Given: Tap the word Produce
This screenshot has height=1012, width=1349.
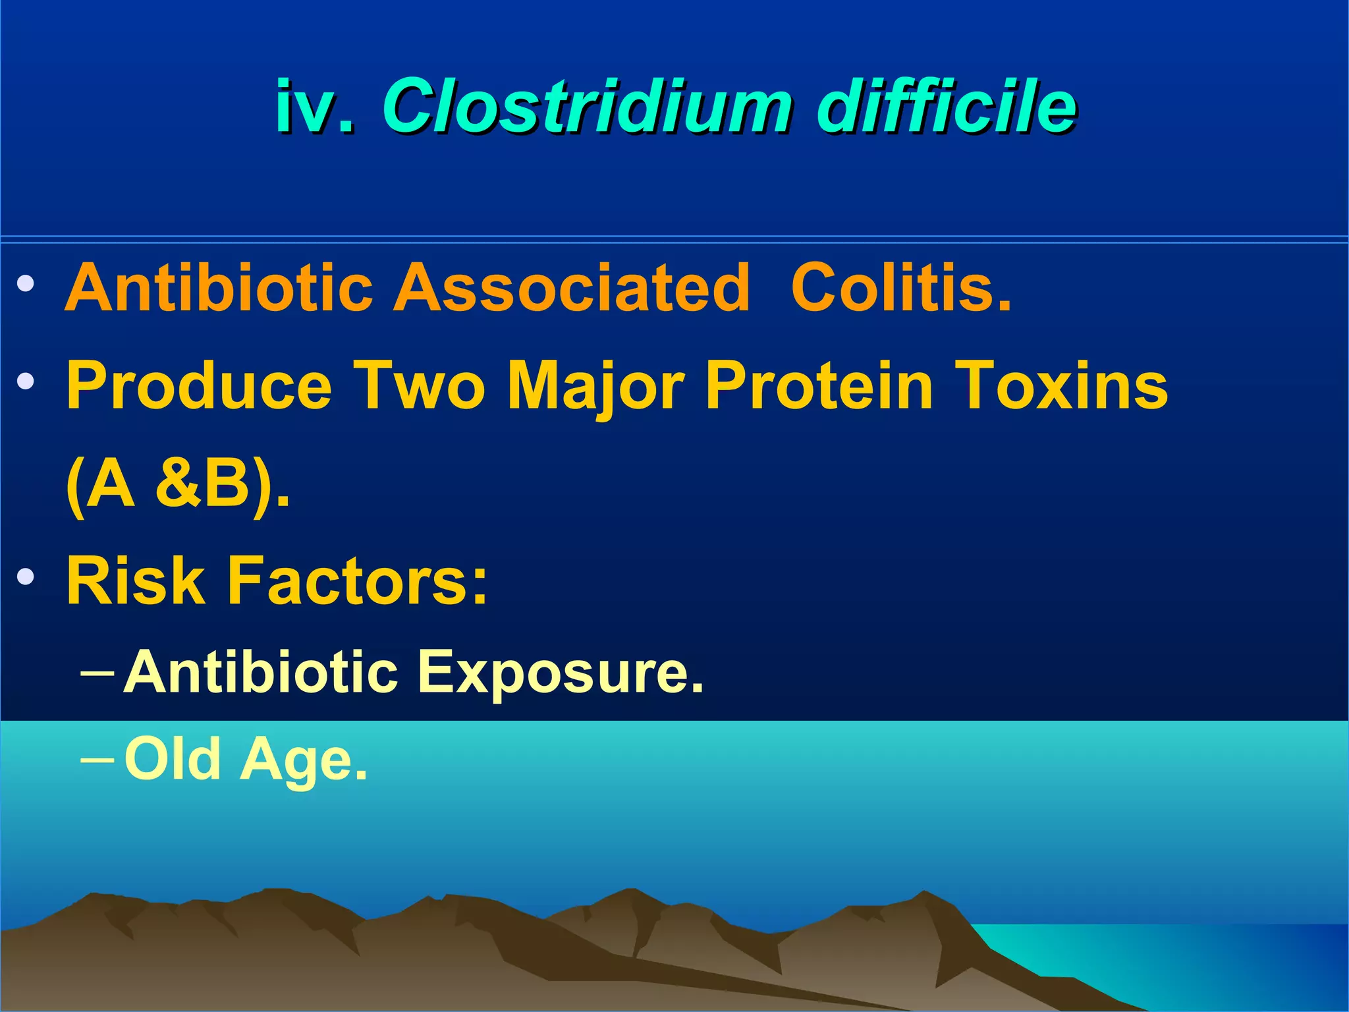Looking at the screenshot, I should pos(199,386).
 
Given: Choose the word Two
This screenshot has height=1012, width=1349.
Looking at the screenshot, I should pos(420,386).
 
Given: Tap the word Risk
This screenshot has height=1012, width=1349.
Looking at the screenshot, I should pos(136,581).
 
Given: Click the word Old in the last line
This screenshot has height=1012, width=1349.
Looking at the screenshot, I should pos(173,760).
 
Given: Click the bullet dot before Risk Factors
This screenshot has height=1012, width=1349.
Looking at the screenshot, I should pos(26,577).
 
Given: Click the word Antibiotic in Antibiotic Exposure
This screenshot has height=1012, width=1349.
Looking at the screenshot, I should pos(261,672).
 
